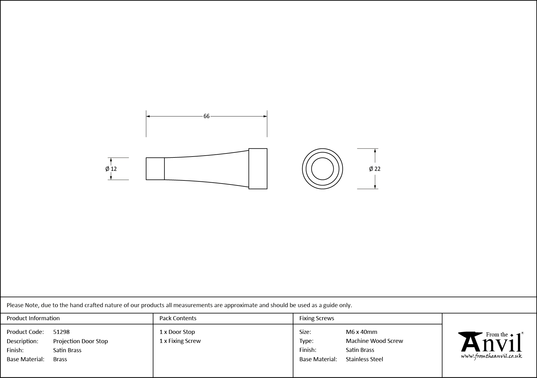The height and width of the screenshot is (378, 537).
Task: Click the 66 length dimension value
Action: (206, 116)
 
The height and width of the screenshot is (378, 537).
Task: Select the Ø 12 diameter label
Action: (111, 169)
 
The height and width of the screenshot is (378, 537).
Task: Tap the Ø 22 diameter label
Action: (375, 169)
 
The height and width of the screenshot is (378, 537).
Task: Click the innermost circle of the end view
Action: (323, 169)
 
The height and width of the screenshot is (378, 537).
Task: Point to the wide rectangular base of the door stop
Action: (258, 169)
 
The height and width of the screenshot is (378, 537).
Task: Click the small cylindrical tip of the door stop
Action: (155, 169)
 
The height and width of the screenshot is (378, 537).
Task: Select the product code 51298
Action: (61, 332)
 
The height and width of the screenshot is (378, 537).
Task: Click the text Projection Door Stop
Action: (80, 341)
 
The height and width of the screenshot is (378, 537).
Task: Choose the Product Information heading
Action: (33, 318)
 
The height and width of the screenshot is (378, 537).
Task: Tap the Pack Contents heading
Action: (178, 318)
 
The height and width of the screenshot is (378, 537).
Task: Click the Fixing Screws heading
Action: (317, 318)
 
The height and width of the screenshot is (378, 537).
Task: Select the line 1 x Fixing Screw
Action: (180, 341)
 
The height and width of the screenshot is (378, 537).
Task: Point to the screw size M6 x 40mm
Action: (361, 332)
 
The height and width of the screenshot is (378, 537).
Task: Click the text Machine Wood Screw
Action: (374, 341)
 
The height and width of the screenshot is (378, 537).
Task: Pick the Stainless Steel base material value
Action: (364, 359)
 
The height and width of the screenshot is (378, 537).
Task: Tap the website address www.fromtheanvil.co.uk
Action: (491, 356)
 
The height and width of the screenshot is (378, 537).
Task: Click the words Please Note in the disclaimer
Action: (23, 305)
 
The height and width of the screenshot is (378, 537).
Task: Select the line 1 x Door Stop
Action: (177, 332)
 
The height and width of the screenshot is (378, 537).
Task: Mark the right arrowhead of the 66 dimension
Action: (265, 116)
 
